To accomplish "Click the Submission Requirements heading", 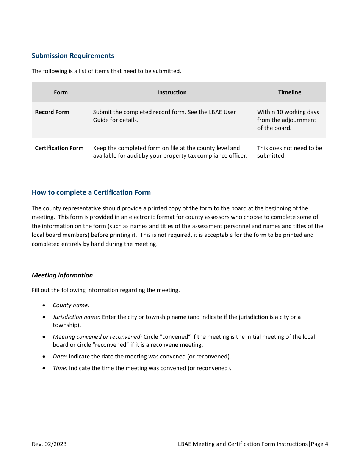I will coord(73,56).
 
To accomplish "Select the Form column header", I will coord(61,92).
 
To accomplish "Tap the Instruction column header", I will coord(172,92).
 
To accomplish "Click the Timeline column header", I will coord(290,92).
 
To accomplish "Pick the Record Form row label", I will coord(52,112).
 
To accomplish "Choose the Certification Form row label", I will coord(59,148).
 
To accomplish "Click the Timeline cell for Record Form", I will coord(288,120).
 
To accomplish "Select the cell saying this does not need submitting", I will coord(290,152).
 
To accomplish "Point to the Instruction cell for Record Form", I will coord(164,116).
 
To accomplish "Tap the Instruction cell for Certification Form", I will coord(170,152).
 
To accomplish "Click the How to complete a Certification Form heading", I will coord(91,192).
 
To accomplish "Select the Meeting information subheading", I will coord(62,275).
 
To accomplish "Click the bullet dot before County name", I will coord(45,305).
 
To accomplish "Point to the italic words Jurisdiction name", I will coord(77,317).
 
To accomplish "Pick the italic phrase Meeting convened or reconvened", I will coord(97,337).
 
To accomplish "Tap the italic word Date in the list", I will coord(60,357).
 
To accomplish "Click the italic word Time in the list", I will coord(60,368).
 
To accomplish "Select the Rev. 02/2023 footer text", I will coord(49,444).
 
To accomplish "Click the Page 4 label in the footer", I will coord(319,444).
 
